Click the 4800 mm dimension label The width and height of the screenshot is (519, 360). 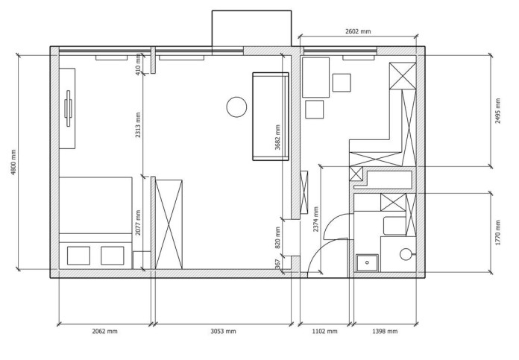13,162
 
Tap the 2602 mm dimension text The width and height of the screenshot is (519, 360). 358,31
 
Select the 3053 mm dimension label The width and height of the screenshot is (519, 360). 224,331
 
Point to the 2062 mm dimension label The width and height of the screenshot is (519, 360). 104,331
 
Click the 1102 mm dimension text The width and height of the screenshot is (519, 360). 325,331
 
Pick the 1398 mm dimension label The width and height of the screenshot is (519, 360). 385,331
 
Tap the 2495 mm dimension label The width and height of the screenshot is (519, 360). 498,111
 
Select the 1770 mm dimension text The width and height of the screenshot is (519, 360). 498,233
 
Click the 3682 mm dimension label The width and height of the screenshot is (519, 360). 277,137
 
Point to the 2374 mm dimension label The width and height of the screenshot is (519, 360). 315,219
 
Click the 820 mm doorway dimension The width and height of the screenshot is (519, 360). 277,237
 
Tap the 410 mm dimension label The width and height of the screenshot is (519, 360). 139,65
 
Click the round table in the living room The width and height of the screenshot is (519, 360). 236,107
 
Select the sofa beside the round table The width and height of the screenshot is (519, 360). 271,116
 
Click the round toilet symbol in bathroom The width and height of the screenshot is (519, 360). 406,254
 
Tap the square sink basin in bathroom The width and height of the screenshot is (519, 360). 367,262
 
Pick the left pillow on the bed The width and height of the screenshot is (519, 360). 78,256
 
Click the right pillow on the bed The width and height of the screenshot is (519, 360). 113,256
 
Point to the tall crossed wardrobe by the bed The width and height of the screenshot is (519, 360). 169,224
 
